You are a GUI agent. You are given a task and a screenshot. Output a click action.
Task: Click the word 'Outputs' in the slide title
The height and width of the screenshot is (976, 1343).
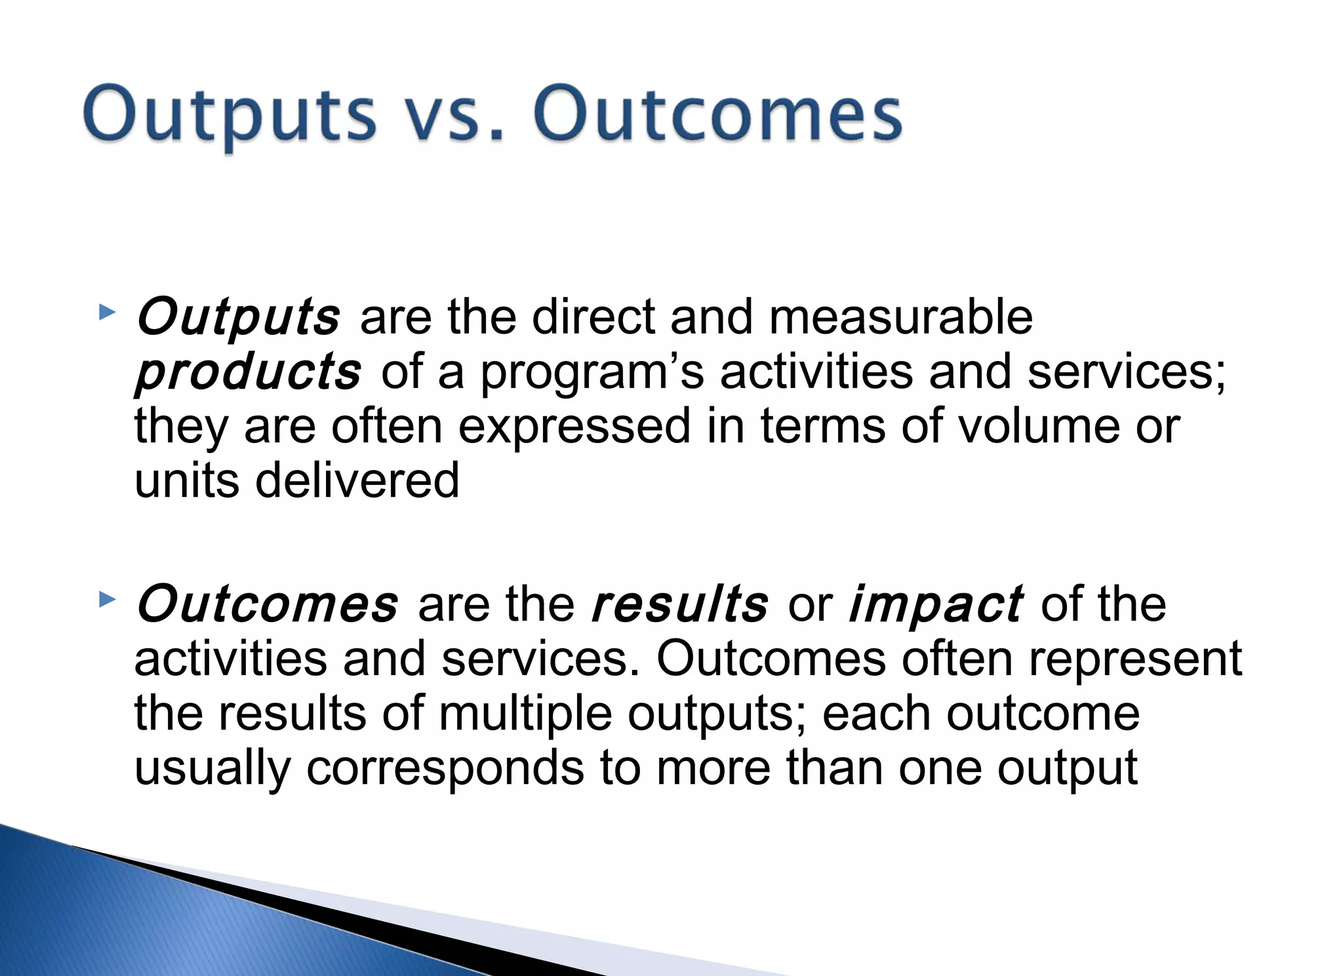tap(230, 115)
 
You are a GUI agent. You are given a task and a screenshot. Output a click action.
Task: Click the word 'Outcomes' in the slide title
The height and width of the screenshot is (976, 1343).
tap(718, 115)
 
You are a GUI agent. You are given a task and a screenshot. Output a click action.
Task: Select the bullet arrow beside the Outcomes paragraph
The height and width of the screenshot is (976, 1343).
tap(107, 598)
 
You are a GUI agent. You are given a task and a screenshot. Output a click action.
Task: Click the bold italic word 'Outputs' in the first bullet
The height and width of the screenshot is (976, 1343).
tap(238, 317)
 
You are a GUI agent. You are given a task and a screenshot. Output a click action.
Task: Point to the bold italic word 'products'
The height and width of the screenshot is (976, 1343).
tap(248, 372)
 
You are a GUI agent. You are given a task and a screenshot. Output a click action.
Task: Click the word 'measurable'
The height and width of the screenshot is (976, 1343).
tap(900, 317)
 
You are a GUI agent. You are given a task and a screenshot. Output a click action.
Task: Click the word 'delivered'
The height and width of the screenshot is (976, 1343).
tap(357, 480)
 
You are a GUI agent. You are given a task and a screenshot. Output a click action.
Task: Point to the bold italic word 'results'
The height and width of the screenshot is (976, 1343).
tap(679, 604)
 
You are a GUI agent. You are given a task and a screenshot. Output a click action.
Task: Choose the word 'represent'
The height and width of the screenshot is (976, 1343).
tap(1135, 659)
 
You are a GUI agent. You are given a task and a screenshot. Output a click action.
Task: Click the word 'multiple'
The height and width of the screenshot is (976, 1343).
tap(525, 714)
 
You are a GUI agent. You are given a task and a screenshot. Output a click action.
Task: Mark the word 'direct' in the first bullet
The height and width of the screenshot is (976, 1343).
tap(593, 317)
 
